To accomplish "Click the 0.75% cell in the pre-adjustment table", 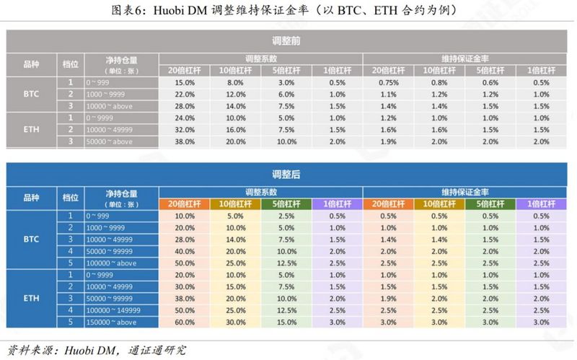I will [389, 83].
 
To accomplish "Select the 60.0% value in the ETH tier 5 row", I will [185, 322].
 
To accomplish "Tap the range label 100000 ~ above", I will [111, 263].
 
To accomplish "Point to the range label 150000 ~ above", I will [111, 322].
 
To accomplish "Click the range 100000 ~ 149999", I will [114, 310].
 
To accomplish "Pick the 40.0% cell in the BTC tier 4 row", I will [185, 251].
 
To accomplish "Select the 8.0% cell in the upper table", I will [236, 83].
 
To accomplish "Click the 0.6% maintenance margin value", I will [491, 83].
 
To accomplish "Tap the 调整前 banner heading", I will [287, 41].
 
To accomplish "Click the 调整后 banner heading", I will [287, 174].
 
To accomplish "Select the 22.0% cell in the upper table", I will [185, 95].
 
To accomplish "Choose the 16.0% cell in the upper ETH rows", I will [236, 130].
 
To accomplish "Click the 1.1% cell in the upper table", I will [389, 95].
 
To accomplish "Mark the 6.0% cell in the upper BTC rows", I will [286, 95].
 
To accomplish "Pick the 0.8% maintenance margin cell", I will [440, 83].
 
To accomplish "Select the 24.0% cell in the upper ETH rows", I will [185, 118].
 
